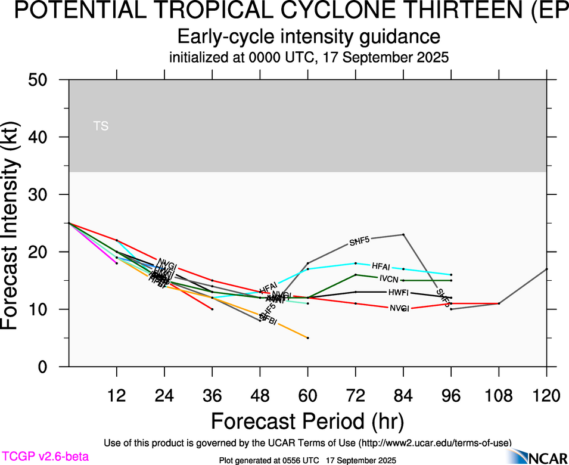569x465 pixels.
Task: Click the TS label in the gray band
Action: (101, 126)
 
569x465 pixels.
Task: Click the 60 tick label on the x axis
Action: (307, 396)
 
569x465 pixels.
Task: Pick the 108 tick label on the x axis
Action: (499, 396)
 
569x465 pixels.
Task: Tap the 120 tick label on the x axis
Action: (546, 396)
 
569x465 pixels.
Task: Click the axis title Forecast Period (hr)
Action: (307, 421)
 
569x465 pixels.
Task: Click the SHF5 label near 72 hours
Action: (360, 241)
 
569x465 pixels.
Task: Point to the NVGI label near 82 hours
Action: (399, 308)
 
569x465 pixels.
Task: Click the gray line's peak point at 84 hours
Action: (403, 234)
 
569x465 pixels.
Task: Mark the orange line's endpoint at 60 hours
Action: (307, 338)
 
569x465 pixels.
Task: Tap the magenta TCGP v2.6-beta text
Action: (45, 457)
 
